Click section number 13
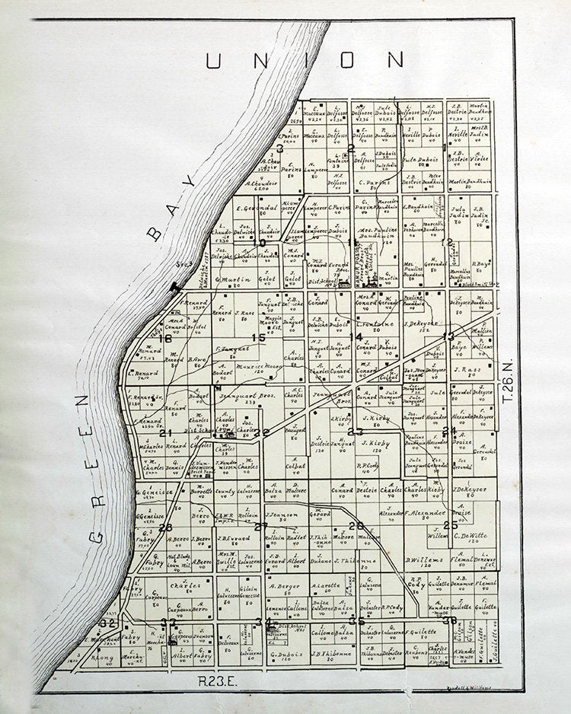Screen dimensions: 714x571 click(448, 336)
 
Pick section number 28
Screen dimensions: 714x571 click(165, 528)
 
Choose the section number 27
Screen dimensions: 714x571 click(261, 527)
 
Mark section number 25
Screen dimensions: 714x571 click(450, 524)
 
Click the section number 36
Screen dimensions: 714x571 click(449, 620)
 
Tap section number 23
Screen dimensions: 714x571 click(355, 432)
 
